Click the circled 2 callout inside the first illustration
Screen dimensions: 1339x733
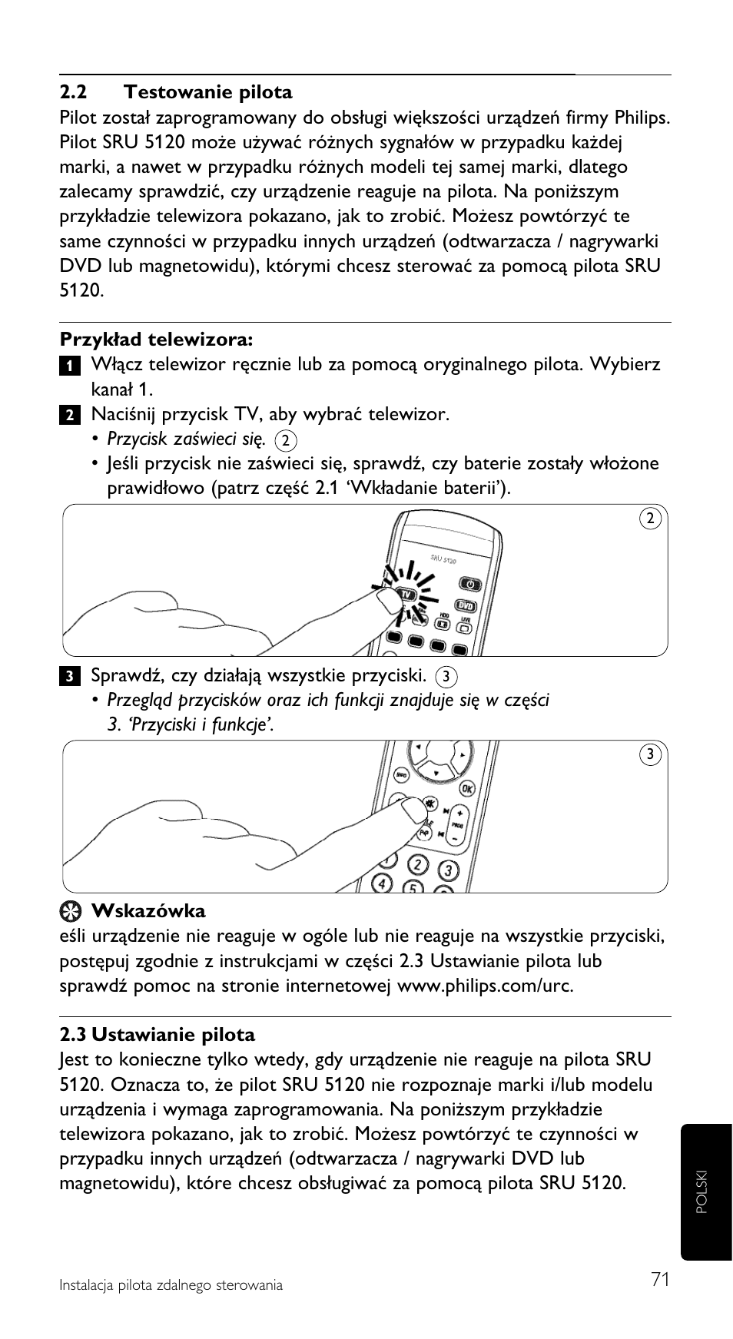pyautogui.click(x=650, y=519)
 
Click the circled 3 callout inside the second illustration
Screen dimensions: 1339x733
pyautogui.click(x=650, y=754)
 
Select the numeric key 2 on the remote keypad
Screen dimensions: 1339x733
pyautogui.click(x=417, y=863)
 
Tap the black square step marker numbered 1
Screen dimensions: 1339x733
pyautogui.click(x=68, y=365)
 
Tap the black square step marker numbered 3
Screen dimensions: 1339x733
pyautogui.click(x=68, y=677)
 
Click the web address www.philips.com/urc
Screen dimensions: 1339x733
pyautogui.click(x=485, y=986)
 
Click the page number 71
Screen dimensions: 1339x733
pyautogui.click(x=659, y=1279)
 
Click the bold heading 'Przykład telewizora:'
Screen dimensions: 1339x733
pyautogui.click(x=157, y=340)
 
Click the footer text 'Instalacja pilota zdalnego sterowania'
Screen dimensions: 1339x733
pyautogui.click(x=171, y=1285)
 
